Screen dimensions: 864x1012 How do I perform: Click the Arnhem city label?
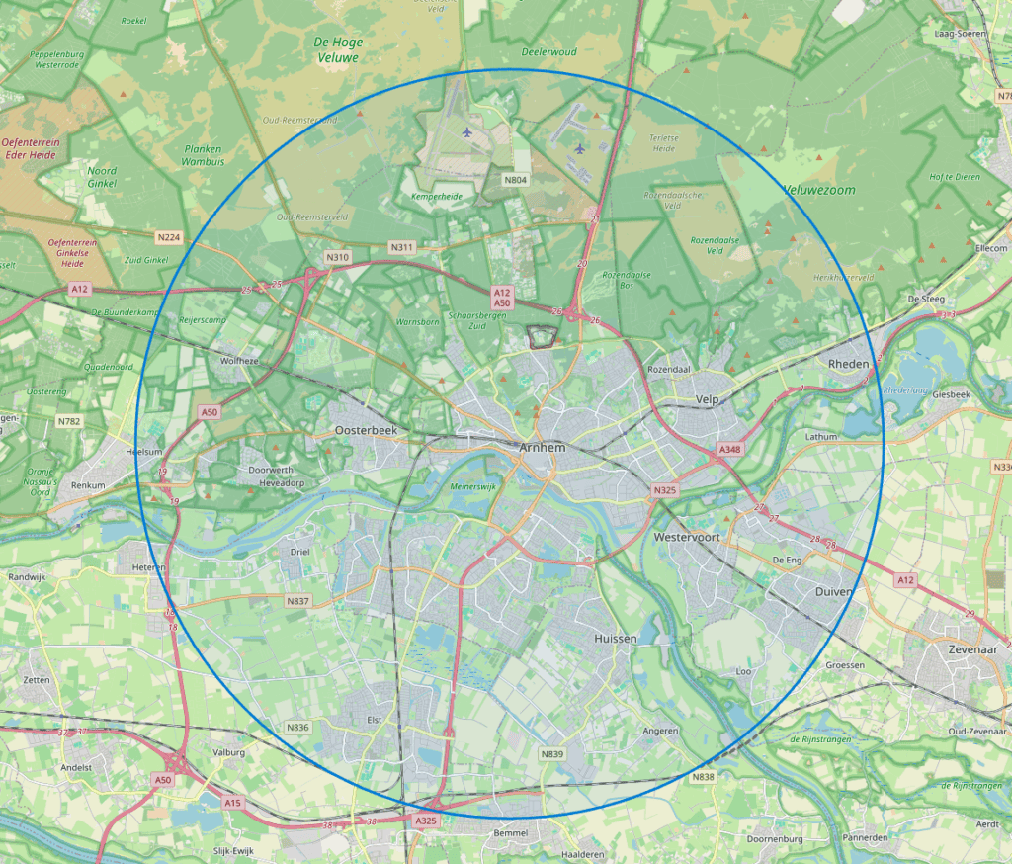point(542,449)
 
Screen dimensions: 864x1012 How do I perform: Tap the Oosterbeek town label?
point(366,431)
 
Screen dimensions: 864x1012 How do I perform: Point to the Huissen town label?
point(616,640)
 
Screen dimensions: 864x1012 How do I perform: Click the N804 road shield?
point(515,180)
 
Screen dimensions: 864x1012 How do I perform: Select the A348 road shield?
point(729,450)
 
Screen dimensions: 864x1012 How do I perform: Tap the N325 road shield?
point(664,490)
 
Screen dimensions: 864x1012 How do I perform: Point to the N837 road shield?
point(297,601)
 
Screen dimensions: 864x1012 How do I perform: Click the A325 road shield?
point(426,821)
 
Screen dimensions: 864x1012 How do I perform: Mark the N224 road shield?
point(169,237)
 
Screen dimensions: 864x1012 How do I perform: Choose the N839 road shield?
point(552,754)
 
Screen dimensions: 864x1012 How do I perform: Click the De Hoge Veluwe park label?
point(337,50)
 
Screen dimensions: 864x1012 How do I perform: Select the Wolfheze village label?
point(239,361)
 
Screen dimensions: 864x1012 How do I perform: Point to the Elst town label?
point(374,720)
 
